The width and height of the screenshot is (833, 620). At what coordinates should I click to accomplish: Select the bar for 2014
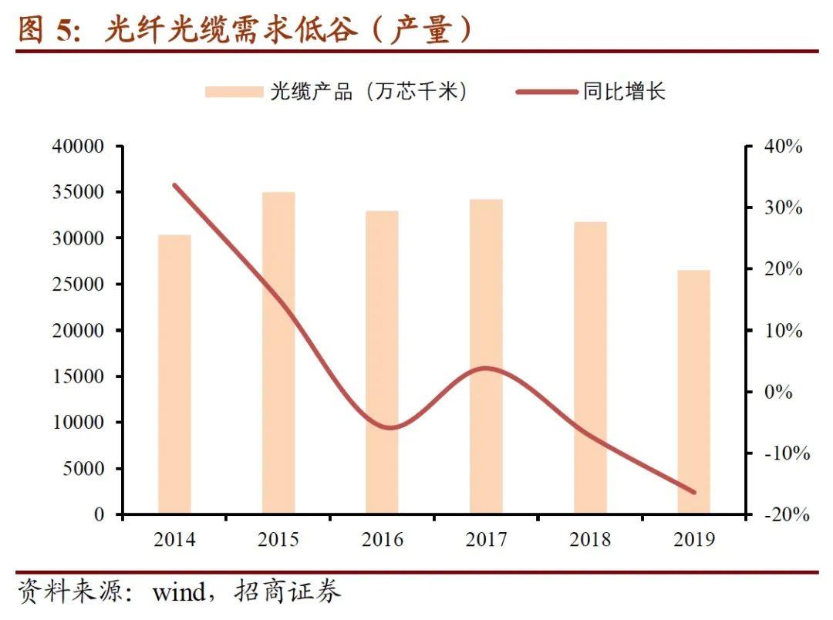174,374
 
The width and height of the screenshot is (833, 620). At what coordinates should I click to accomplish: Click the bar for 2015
278,352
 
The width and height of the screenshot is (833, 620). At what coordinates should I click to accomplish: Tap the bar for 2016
382,362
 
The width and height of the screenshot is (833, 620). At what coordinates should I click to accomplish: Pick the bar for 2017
486,356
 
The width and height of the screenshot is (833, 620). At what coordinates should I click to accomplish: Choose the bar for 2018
590,368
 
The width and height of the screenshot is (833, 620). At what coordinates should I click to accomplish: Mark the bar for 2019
693,392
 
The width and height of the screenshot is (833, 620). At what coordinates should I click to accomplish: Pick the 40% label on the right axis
784,147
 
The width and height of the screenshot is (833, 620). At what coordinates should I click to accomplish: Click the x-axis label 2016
382,539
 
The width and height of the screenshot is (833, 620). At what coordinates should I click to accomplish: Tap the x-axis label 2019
693,539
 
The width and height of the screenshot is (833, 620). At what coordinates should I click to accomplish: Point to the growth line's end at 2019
693,492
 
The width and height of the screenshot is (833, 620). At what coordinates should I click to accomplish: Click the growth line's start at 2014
174,185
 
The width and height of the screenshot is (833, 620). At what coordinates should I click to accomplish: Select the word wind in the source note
179,592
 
